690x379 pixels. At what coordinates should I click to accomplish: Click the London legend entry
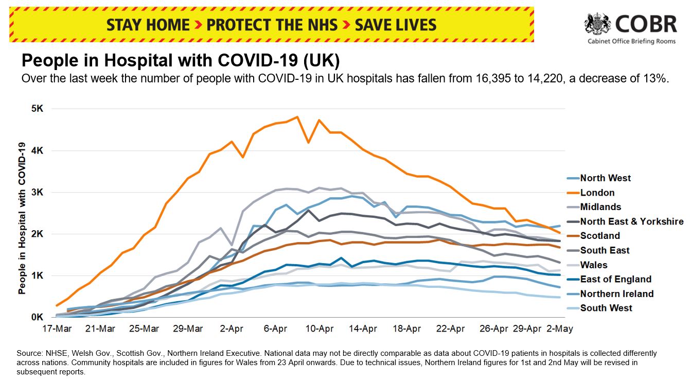597,193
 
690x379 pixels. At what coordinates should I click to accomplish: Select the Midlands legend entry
600,207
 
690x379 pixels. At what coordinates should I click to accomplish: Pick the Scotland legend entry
600,236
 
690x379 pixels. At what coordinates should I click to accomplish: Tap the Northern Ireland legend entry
616,294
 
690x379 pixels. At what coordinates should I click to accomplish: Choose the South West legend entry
606,308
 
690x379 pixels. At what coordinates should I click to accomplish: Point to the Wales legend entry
594,265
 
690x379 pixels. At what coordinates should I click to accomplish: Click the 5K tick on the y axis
39,109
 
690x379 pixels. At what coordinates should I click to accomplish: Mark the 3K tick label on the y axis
39,193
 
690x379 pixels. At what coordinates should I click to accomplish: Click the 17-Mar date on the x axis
56,329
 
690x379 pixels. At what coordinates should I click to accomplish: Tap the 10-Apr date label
319,329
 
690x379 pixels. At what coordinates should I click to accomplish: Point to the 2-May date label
560,329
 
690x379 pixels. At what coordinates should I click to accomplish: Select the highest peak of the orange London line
297,117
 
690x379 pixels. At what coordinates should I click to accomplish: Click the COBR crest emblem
597,24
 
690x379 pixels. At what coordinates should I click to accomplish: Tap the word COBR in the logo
646,24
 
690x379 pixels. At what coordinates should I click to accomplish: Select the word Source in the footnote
29,353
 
